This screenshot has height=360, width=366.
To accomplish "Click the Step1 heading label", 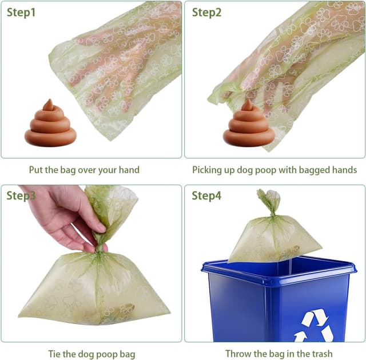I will pyautogui.click(x=21, y=12).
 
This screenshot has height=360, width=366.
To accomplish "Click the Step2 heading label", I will pyautogui.click(x=206, y=12).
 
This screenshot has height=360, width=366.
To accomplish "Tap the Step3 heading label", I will pyautogui.click(x=21, y=195).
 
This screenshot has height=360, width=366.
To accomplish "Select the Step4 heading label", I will pyautogui.click(x=206, y=195).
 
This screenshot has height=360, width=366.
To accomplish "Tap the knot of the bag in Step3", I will pyautogui.click(x=101, y=247).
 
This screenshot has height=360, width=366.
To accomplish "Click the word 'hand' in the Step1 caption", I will pyautogui.click(x=128, y=170).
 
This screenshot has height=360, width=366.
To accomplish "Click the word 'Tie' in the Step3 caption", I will pyautogui.click(x=54, y=354).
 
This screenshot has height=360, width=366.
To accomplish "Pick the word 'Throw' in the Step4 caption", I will pyautogui.click(x=237, y=354).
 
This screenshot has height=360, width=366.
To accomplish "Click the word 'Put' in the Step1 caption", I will pyautogui.click(x=37, y=170).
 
